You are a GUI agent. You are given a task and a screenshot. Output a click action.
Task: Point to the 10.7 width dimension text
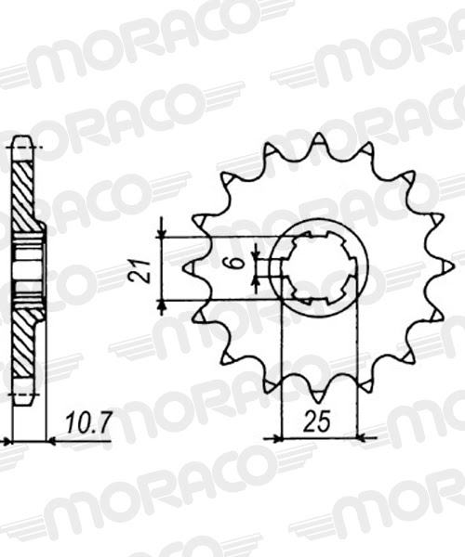[89, 423]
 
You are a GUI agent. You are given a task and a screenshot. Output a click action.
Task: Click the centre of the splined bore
[318, 269]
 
